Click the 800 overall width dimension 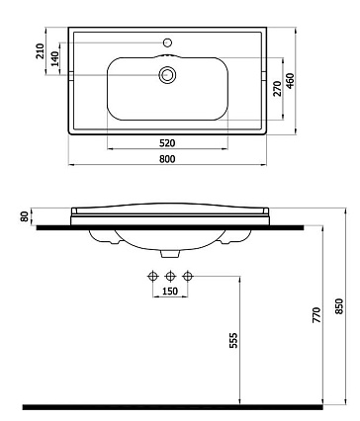coord(167,159)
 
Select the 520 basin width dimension coord(167,143)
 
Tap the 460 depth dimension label coord(290,81)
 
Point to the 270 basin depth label coord(278,89)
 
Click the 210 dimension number coord(40,51)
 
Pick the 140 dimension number coord(55,58)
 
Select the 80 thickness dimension coord(24,216)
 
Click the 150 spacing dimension coord(170,292)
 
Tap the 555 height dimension coord(233,340)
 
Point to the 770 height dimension coord(316,315)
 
